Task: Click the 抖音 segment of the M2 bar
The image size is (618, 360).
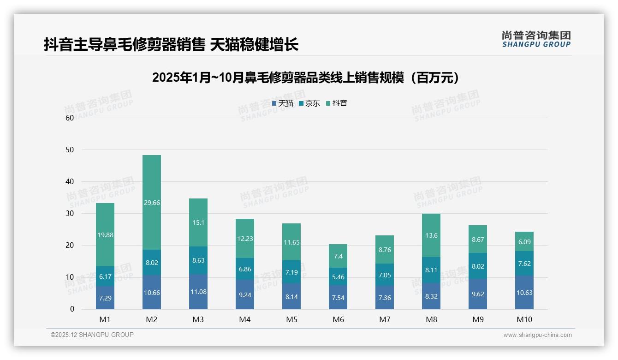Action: click(x=152, y=202)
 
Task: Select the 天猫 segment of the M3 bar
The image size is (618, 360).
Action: click(x=198, y=292)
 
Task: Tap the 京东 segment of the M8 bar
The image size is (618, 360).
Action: click(x=431, y=270)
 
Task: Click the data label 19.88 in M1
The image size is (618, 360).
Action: click(x=105, y=235)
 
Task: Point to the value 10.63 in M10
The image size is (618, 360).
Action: click(x=524, y=293)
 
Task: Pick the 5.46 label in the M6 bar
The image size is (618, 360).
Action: click(x=338, y=277)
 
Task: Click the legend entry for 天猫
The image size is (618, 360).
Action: click(x=283, y=103)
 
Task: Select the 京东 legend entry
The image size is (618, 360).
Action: click(x=309, y=103)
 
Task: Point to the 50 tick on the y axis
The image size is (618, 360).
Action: click(x=70, y=150)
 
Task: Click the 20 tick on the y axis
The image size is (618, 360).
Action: click(x=70, y=246)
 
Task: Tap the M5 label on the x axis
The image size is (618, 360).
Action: click(x=291, y=320)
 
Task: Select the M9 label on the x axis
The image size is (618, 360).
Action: click(x=478, y=320)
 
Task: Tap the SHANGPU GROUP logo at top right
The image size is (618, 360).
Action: click(x=536, y=39)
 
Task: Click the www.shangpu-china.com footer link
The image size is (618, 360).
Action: click(x=537, y=335)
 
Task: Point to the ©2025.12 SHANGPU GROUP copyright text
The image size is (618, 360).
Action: click(x=92, y=335)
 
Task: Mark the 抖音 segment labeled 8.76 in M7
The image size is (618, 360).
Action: click(x=385, y=249)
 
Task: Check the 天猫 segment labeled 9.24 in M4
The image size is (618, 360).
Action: click(x=245, y=294)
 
